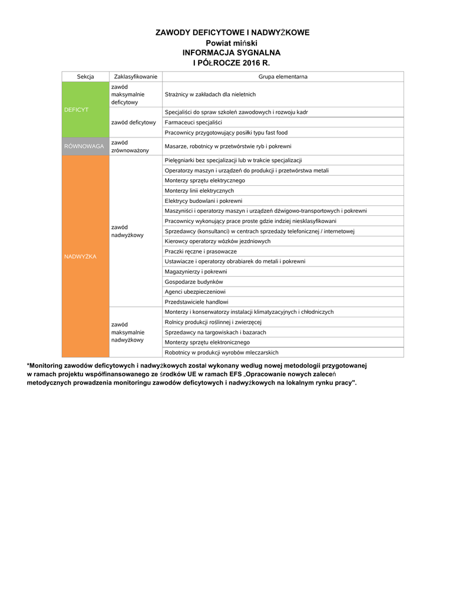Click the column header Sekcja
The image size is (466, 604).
(85, 77)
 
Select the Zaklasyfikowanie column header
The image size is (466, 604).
(135, 77)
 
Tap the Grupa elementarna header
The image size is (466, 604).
(283, 77)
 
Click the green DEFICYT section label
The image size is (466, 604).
(77, 110)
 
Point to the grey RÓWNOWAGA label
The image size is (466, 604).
(85, 146)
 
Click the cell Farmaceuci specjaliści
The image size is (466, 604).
(193, 122)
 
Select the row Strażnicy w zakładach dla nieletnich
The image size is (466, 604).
(210, 94)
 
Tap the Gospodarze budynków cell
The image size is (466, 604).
(190, 282)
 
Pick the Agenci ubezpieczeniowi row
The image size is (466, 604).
(195, 292)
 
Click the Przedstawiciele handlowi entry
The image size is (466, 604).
(196, 302)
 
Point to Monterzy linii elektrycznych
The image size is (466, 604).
(199, 191)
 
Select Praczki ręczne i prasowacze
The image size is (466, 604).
(201, 251)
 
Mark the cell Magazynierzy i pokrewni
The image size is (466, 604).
(196, 271)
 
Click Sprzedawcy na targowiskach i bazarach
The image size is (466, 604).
(215, 332)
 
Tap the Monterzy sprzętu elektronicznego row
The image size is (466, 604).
(207, 342)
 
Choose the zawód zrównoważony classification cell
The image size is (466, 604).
(130, 146)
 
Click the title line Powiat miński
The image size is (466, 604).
(232, 43)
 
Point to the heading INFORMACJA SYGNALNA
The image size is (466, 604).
(232, 52)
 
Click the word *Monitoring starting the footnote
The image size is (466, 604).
(48, 366)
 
